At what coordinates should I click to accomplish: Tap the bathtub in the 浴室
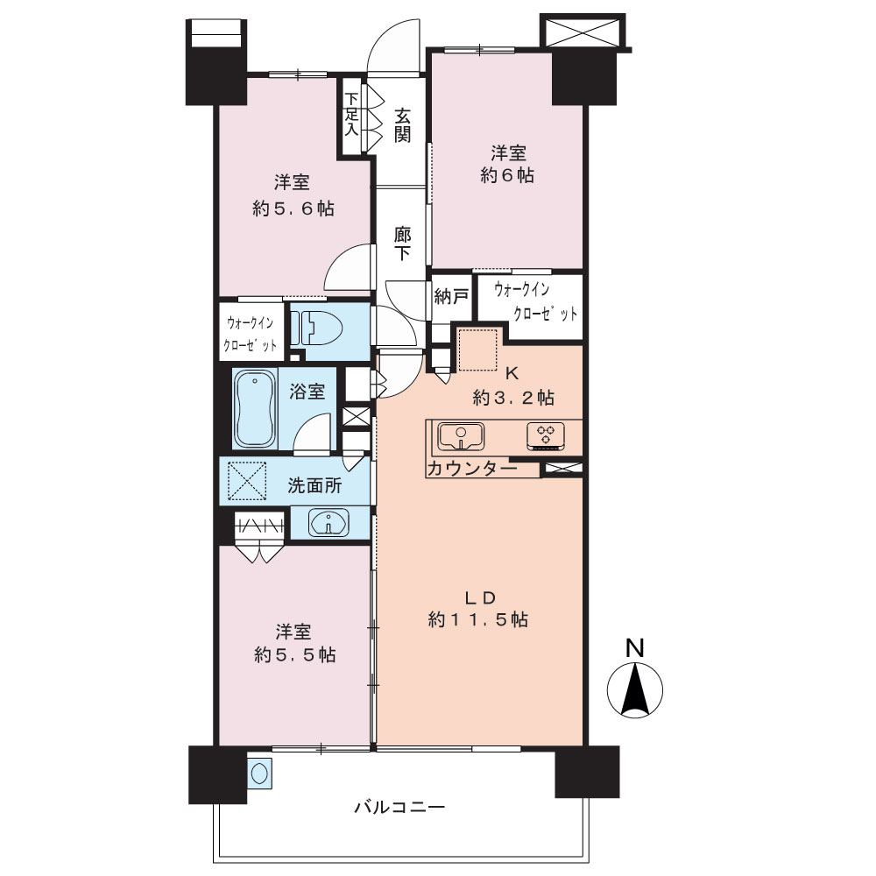(x=255, y=408)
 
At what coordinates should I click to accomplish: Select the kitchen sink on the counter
(x=461, y=436)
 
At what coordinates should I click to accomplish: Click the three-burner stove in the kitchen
(x=545, y=436)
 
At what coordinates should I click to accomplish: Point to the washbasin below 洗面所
(x=328, y=523)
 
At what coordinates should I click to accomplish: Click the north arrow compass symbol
(x=634, y=689)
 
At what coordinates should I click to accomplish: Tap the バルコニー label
(x=399, y=807)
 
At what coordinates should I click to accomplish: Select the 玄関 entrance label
(x=402, y=125)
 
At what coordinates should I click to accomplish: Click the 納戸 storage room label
(x=450, y=297)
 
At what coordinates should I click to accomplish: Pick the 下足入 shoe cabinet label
(x=351, y=114)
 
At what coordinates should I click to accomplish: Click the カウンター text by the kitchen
(x=472, y=468)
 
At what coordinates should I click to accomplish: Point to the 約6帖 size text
(x=507, y=175)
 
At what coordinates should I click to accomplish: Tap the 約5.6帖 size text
(x=293, y=209)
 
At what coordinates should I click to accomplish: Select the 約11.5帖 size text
(x=478, y=619)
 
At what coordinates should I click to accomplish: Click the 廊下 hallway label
(x=402, y=244)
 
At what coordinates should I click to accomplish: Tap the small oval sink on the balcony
(x=259, y=774)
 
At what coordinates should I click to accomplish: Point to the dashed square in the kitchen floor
(x=477, y=350)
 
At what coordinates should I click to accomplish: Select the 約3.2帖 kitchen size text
(x=513, y=398)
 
